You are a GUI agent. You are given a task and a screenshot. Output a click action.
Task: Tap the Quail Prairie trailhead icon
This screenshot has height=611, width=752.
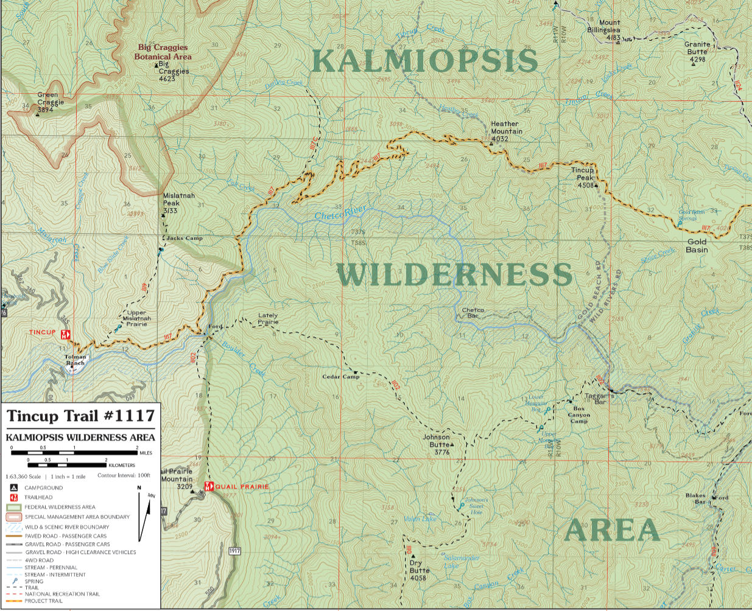(x=208, y=486)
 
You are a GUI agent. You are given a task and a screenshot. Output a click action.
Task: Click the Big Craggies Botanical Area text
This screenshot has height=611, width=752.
(x=163, y=52)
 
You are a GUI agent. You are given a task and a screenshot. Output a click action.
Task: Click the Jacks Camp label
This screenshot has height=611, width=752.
(x=184, y=239)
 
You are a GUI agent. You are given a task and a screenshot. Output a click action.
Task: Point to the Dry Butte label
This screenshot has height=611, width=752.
(x=419, y=570)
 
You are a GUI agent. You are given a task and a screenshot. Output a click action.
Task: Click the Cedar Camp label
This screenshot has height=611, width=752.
(x=340, y=377)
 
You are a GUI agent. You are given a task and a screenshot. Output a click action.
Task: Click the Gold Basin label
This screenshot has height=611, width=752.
(x=697, y=246)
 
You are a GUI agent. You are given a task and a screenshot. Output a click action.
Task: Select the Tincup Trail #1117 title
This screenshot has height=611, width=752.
(x=80, y=416)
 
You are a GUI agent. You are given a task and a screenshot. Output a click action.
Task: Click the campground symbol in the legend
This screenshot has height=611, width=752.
(x=13, y=487)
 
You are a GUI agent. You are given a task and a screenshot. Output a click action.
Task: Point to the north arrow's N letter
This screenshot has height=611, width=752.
(x=139, y=487)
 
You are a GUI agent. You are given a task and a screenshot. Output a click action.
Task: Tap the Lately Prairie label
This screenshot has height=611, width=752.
(x=268, y=318)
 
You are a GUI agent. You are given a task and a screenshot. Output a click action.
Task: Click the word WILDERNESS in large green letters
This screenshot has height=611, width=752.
(x=455, y=275)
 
